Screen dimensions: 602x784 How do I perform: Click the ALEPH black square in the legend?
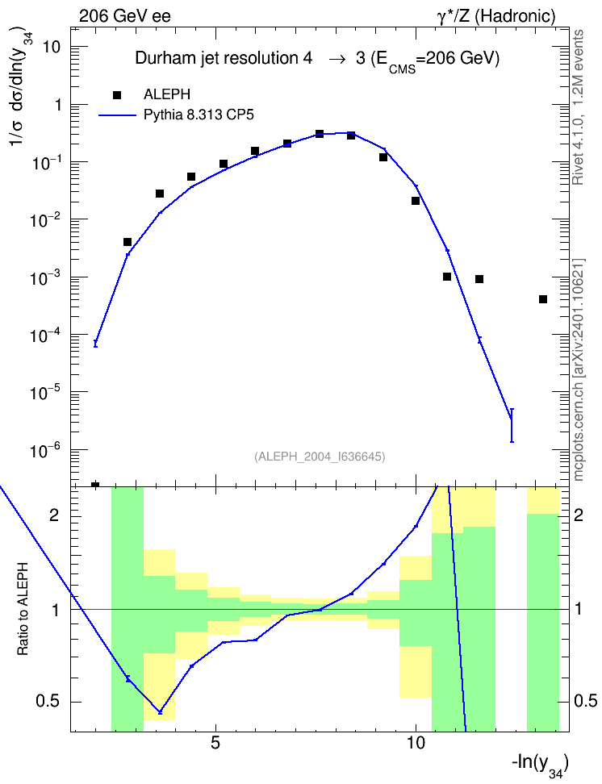(117, 94)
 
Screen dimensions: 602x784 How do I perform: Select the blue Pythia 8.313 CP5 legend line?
(117, 115)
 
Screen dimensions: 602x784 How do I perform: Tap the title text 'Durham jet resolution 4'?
(224, 59)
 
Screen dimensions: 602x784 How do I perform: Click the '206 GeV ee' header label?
(125, 16)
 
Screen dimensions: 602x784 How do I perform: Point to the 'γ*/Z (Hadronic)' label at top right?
(496, 16)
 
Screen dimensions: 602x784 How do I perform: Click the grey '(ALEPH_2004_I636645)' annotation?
(320, 457)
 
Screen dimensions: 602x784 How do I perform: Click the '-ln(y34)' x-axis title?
(540, 765)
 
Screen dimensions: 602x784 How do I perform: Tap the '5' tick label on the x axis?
(215, 743)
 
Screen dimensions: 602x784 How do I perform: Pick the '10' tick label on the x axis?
(416, 743)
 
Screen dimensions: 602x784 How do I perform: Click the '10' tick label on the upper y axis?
(51, 48)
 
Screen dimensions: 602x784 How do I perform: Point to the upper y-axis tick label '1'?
(57, 105)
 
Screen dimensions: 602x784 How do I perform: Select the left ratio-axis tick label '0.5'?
(48, 702)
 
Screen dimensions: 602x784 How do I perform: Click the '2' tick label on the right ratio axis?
(579, 515)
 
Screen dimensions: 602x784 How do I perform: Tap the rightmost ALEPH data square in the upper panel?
(543, 299)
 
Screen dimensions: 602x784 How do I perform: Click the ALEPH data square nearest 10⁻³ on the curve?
(447, 277)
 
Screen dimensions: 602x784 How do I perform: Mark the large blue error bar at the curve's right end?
(512, 425)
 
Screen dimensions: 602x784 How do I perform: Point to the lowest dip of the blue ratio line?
(160, 712)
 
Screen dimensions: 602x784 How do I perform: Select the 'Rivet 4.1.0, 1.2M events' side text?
(578, 107)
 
